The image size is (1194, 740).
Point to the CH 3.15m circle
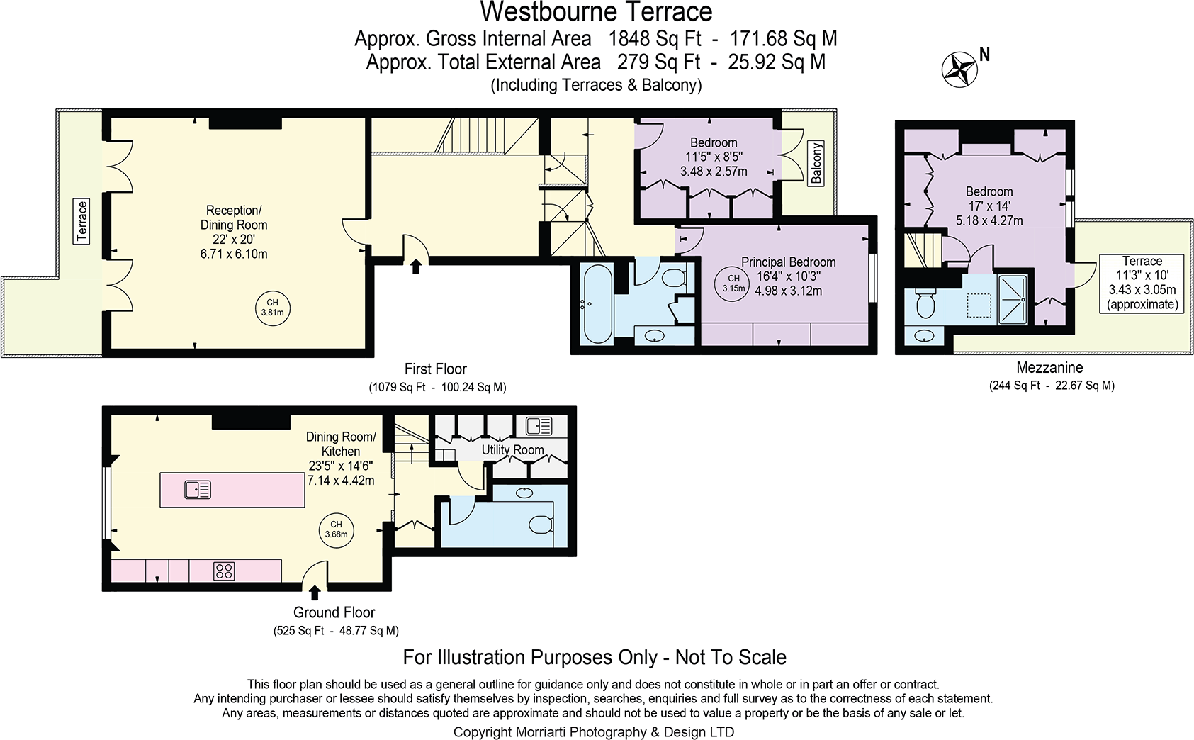pyautogui.click(x=733, y=284)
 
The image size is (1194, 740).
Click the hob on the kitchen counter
pyautogui.click(x=224, y=571)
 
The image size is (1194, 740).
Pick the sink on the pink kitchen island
pyautogui.click(x=198, y=489)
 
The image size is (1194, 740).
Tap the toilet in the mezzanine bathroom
pyautogui.click(x=925, y=305)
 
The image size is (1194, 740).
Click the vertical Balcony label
pyautogui.click(x=816, y=164)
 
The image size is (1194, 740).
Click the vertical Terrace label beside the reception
pyautogui.click(x=82, y=222)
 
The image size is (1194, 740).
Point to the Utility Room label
pyautogui.click(x=512, y=450)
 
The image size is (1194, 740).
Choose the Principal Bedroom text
pyautogui.click(x=788, y=262)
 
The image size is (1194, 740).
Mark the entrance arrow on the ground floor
pyautogui.click(x=314, y=593)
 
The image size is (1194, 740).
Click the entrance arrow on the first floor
pyautogui.click(x=416, y=266)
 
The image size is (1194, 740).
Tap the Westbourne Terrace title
pyautogui.click(x=596, y=12)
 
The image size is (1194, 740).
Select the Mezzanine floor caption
pyautogui.click(x=1049, y=368)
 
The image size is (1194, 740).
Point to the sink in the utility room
pyautogui.click(x=539, y=426)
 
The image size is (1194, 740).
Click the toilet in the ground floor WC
pyautogui.click(x=541, y=525)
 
